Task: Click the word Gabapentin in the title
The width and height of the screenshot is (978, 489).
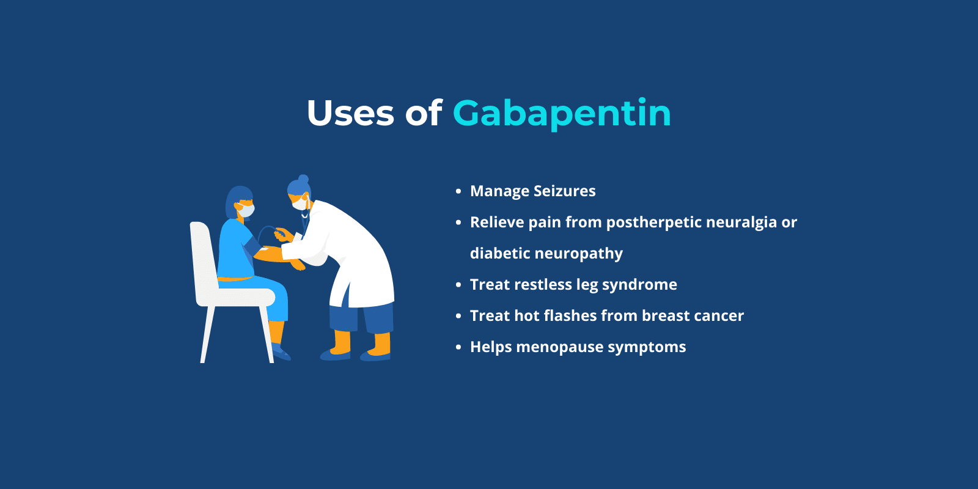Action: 561,114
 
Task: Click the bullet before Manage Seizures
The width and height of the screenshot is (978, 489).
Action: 458,192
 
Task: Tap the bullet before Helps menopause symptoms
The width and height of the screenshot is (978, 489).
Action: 458,348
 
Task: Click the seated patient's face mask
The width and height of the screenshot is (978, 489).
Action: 246,210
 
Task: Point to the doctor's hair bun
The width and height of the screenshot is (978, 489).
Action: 303,179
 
